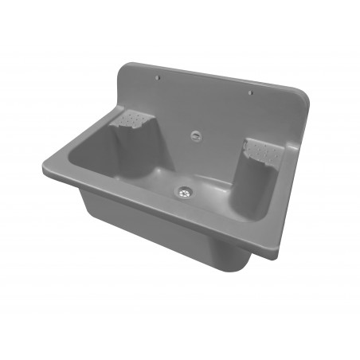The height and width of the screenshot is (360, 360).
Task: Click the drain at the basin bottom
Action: click(186, 191)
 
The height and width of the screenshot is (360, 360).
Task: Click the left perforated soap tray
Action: click(134, 120)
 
